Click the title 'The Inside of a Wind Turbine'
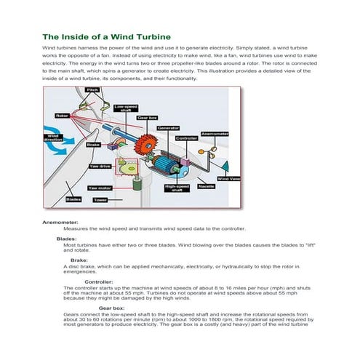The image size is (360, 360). (106, 36)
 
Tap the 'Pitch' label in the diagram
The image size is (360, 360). (92, 89)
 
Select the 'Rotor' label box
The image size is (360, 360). (63, 115)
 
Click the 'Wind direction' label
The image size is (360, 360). (53, 136)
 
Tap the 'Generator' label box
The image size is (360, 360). (168, 127)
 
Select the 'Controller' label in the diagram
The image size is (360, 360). (186, 137)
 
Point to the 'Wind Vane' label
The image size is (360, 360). (229, 178)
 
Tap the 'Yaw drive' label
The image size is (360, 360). (99, 166)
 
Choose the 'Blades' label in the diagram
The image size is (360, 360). (73, 199)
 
